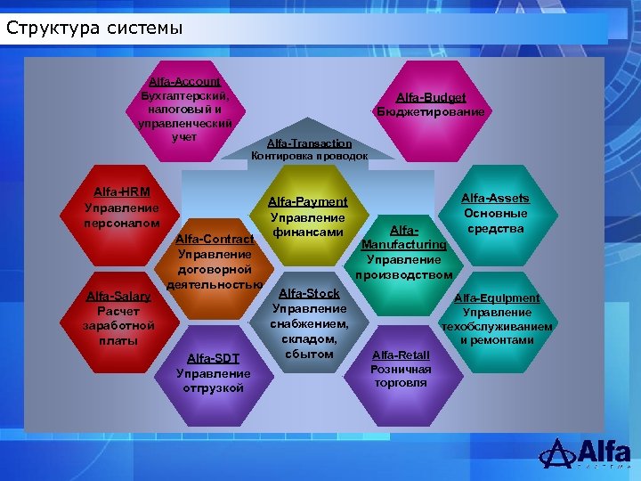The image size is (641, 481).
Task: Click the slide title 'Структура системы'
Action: pyautogui.click(x=93, y=27)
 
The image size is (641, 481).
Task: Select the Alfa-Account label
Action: pyautogui.click(x=184, y=81)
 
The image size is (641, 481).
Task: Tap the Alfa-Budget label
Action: pyautogui.click(x=431, y=97)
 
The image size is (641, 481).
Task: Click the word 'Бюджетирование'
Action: pyautogui.click(x=431, y=112)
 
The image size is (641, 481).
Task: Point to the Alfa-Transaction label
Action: pyautogui.click(x=309, y=143)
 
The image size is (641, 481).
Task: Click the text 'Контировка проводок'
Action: pyautogui.click(x=309, y=156)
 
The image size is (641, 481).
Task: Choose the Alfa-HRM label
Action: pyautogui.click(x=121, y=192)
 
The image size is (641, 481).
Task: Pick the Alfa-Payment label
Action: pyautogui.click(x=307, y=202)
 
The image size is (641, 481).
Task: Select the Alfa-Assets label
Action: pyautogui.click(x=494, y=199)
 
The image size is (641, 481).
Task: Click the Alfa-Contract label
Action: pyautogui.click(x=214, y=239)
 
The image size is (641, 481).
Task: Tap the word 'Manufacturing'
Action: pyautogui.click(x=404, y=244)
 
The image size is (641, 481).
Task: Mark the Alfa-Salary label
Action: pyautogui.click(x=118, y=297)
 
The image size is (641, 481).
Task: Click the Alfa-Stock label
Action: pyautogui.click(x=309, y=293)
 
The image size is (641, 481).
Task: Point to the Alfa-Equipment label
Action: pyautogui.click(x=497, y=298)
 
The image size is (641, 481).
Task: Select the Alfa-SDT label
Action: pyautogui.click(x=214, y=358)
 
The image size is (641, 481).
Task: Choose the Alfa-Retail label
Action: pyautogui.click(x=401, y=355)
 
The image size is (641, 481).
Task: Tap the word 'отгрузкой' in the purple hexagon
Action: pyautogui.click(x=214, y=388)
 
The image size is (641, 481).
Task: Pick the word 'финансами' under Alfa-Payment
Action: pyautogui.click(x=307, y=233)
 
